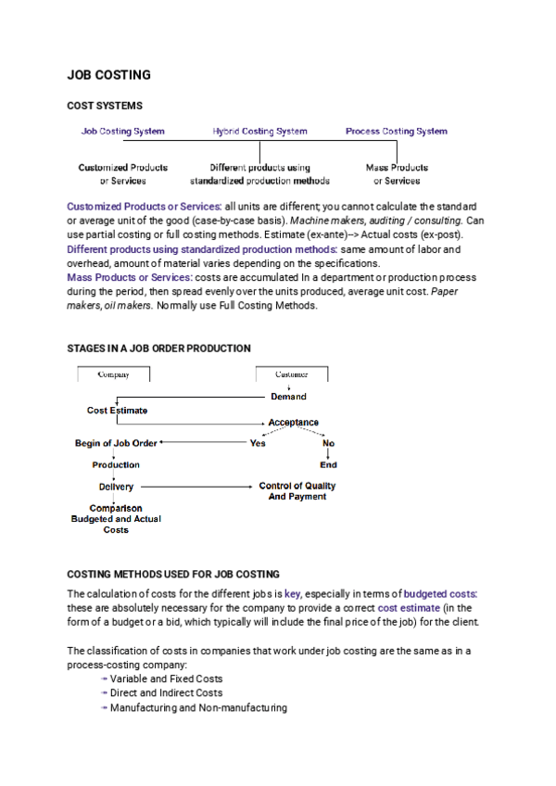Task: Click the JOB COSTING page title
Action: coord(108,74)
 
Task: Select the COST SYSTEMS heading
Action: coord(104,107)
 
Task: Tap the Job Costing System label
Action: coord(122,132)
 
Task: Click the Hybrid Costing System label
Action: coord(259,132)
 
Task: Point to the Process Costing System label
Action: coord(396,132)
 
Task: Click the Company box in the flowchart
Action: coord(113,374)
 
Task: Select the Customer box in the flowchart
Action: coord(291,374)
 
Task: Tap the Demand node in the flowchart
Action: coord(288,397)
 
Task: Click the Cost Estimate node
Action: coord(117,410)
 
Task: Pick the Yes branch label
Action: coord(258,443)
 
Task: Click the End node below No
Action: coord(328,465)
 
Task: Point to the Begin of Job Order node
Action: coord(116,443)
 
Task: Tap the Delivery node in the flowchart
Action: coord(116,487)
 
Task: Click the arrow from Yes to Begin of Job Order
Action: coord(204,443)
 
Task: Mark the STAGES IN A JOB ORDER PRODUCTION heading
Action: coord(158,349)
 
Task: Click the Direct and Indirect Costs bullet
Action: coord(166,692)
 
